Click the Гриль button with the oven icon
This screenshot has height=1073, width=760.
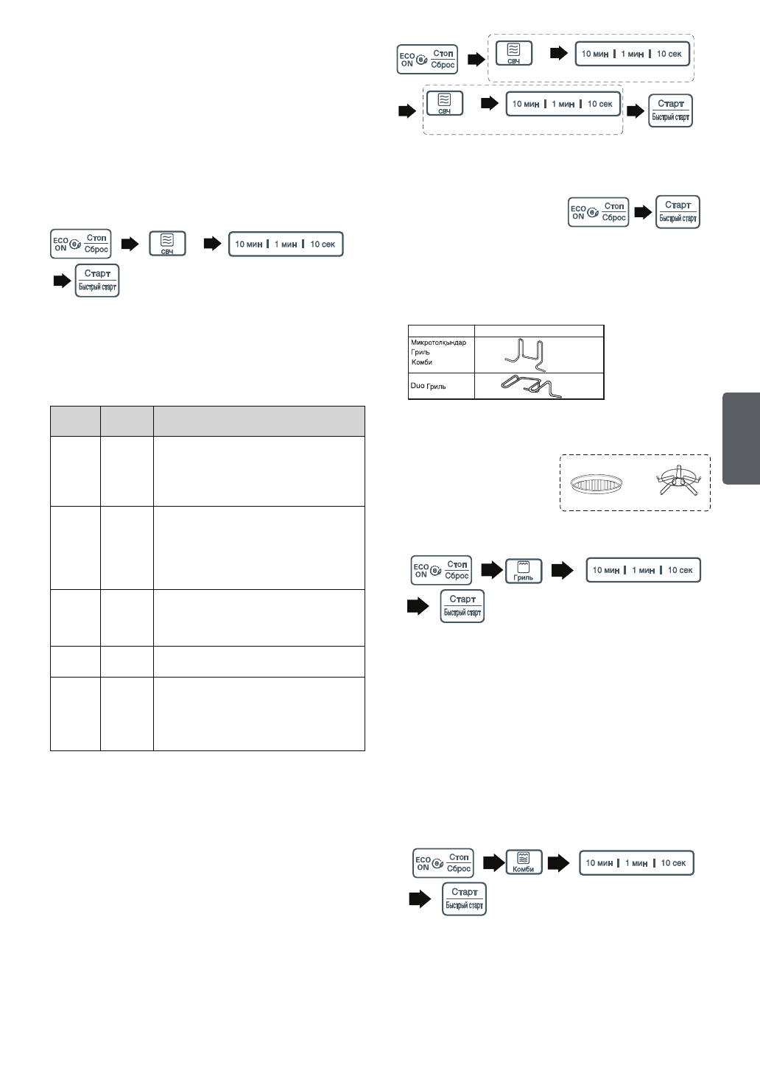(x=524, y=570)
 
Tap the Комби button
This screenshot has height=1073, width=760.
(x=524, y=862)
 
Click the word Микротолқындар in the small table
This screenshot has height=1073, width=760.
(x=438, y=342)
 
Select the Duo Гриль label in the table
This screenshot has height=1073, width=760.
(x=428, y=386)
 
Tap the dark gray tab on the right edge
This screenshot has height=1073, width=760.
(x=741, y=439)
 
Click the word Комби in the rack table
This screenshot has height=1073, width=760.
(x=421, y=362)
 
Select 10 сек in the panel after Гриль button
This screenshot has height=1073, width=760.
(x=680, y=569)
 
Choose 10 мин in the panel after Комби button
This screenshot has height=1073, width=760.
(x=599, y=862)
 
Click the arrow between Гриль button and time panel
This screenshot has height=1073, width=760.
(x=562, y=569)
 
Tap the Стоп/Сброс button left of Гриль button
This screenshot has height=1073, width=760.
(x=440, y=570)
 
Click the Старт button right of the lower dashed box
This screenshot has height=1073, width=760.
(x=670, y=110)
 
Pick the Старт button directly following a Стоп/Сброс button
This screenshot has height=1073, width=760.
(x=678, y=211)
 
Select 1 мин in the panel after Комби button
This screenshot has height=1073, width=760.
(x=636, y=862)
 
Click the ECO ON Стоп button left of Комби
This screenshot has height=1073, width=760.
(x=443, y=863)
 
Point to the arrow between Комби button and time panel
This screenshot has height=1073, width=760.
(x=560, y=862)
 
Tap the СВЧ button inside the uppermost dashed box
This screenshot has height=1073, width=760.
(x=513, y=53)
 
